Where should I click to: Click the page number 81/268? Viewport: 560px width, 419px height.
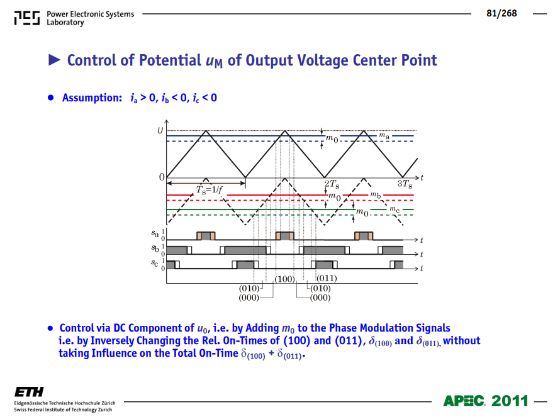point(501,14)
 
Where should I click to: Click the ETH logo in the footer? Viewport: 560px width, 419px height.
point(29,392)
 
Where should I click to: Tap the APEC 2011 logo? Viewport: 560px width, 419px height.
point(486,401)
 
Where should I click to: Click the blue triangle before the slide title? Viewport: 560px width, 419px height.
point(54,60)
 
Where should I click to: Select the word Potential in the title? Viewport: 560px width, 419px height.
point(170,60)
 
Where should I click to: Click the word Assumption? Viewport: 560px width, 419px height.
point(92,98)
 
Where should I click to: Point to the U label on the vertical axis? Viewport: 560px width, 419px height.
point(160,130)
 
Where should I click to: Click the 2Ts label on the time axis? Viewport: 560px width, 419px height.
point(332,184)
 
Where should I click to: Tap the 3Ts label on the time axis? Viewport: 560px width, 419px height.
point(405,184)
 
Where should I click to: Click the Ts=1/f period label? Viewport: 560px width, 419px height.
point(210,189)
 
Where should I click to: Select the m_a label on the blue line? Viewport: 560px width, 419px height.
point(384,136)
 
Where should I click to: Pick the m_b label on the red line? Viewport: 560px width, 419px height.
point(376,195)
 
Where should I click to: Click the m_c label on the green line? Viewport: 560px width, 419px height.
point(395,209)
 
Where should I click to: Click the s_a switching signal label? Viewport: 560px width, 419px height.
point(155,233)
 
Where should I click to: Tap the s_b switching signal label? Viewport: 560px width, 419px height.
point(155,248)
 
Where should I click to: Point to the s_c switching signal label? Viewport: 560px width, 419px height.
point(154,263)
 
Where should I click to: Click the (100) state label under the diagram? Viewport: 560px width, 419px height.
point(284,279)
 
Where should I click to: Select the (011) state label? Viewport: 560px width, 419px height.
point(327,278)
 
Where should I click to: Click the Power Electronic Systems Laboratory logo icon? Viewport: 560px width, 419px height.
point(27,18)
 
